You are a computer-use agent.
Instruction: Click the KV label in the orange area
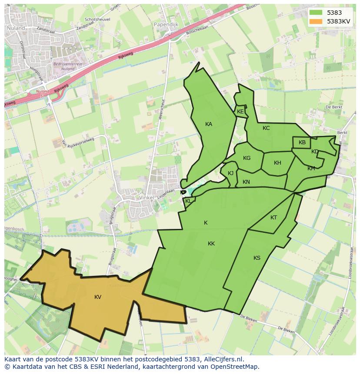pyautogui.click(x=98, y=297)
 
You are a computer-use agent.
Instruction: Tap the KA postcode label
pyautogui.click(x=209, y=124)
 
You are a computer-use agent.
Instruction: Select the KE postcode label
pyautogui.click(x=240, y=112)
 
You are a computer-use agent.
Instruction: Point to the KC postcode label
pyautogui.click(x=266, y=128)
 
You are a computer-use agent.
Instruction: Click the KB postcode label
pyautogui.click(x=302, y=142)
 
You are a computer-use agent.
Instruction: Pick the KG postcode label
pyautogui.click(x=247, y=158)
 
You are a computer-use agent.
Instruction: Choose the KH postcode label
pyautogui.click(x=277, y=163)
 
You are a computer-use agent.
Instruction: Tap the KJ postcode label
pyautogui.click(x=230, y=173)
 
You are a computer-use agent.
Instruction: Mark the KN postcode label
pyautogui.click(x=246, y=182)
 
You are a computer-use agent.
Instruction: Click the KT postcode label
pyautogui.click(x=273, y=218)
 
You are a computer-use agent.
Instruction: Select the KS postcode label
pyautogui.click(x=257, y=258)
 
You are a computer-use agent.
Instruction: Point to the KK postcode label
pyautogui.click(x=211, y=244)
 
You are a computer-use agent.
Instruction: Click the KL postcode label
pyautogui.click(x=188, y=201)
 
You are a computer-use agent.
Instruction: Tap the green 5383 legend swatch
pyautogui.click(x=316, y=13)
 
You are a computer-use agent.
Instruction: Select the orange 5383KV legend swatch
pyautogui.click(x=316, y=21)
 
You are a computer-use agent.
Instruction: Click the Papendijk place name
pyautogui.click(x=166, y=25)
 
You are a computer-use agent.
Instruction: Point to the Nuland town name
pyautogui.click(x=16, y=28)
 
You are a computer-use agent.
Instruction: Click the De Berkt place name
pyautogui.click(x=334, y=107)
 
